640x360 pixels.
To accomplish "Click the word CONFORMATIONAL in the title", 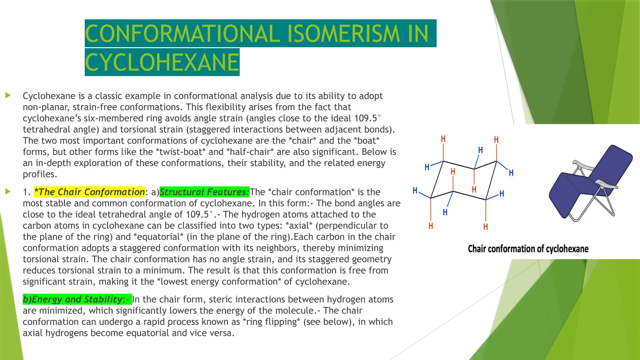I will click(x=182, y=34).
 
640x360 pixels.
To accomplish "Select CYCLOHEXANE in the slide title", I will click(x=162, y=62).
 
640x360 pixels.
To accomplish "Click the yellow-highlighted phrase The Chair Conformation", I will click(x=89, y=192).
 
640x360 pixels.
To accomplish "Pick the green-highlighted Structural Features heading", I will click(x=204, y=192).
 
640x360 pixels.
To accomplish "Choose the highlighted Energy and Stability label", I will click(x=77, y=299).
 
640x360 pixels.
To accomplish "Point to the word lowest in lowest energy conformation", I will click(x=173, y=282).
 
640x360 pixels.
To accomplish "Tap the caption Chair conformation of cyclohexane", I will click(x=528, y=249).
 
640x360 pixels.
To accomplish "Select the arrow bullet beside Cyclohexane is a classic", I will click(x=8, y=95).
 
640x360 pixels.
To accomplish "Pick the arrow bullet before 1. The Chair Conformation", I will click(x=8, y=192).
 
